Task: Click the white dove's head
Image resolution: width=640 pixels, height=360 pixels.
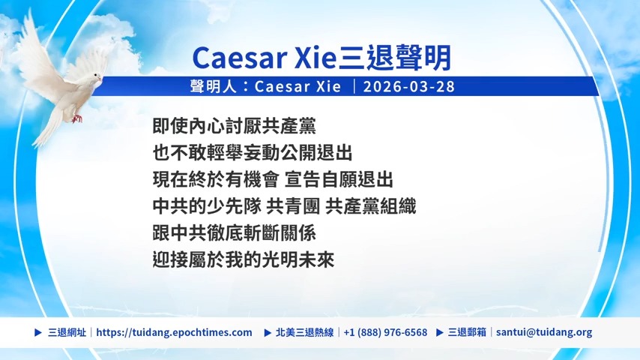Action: tap(97, 78)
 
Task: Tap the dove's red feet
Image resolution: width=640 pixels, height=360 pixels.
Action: tap(76, 118)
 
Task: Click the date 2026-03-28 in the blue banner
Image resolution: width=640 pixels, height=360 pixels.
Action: tap(409, 87)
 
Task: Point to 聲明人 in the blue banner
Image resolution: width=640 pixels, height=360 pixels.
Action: tap(213, 87)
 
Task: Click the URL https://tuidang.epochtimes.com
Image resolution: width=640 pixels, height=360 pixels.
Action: tap(175, 332)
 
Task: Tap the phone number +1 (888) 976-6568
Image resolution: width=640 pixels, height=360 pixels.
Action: tap(385, 332)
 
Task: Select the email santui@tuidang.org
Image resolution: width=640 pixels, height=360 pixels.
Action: tap(544, 332)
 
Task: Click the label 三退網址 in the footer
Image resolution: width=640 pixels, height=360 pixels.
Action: tap(67, 332)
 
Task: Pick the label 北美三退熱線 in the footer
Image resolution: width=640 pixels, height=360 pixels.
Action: tap(304, 332)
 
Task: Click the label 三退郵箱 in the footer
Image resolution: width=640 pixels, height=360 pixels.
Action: tap(467, 332)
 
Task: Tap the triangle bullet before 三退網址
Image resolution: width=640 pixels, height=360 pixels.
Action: tap(38, 332)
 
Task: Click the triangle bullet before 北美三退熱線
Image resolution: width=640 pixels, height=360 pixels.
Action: tap(268, 332)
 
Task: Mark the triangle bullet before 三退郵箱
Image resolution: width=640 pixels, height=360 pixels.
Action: tap(440, 332)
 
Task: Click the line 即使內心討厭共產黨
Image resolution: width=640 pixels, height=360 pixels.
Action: tap(235, 126)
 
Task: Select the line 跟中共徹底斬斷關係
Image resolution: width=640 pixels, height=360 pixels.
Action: tap(235, 233)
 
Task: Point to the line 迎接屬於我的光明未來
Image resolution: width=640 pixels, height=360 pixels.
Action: tap(244, 260)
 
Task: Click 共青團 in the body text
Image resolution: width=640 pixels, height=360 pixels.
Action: tap(293, 206)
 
